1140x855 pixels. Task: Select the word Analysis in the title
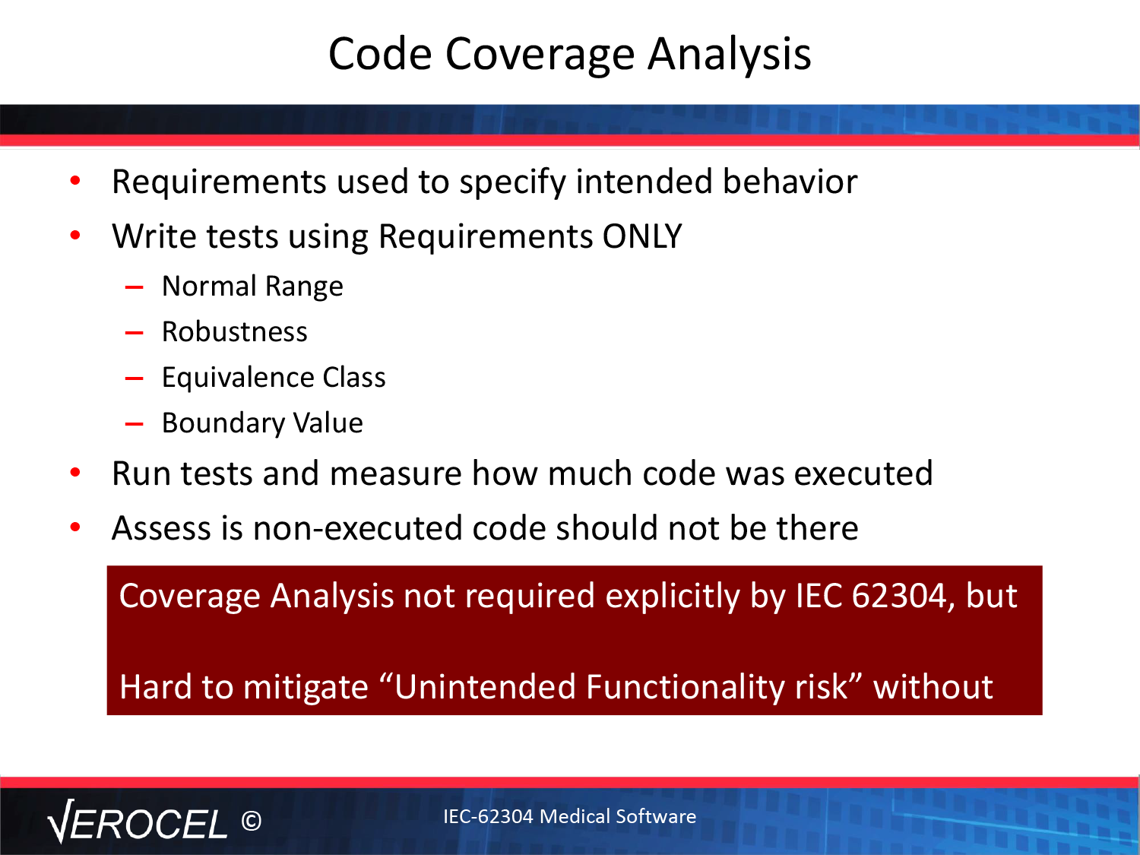(x=729, y=55)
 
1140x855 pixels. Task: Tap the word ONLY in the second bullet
(x=641, y=236)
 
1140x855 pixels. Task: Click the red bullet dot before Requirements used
(x=75, y=180)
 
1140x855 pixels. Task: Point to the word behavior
(x=790, y=182)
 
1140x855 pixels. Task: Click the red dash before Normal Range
(x=134, y=287)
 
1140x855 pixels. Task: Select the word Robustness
(x=235, y=331)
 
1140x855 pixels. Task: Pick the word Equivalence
(x=238, y=378)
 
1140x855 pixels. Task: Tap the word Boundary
(x=223, y=423)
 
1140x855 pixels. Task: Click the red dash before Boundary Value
(x=134, y=424)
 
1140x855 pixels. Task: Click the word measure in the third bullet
(x=395, y=474)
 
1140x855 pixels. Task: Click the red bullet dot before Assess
(x=75, y=527)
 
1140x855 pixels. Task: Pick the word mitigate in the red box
(x=306, y=688)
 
